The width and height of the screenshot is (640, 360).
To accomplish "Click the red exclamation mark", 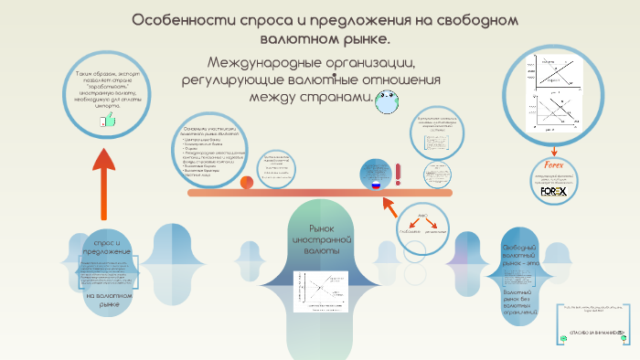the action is [398, 173].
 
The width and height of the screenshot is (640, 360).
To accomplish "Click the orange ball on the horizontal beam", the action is [247, 183].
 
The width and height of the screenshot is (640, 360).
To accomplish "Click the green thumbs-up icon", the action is [108, 119].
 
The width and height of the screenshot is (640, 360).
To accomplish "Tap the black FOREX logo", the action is [553, 193].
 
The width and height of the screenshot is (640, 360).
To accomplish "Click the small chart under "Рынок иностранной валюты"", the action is [315, 289].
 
